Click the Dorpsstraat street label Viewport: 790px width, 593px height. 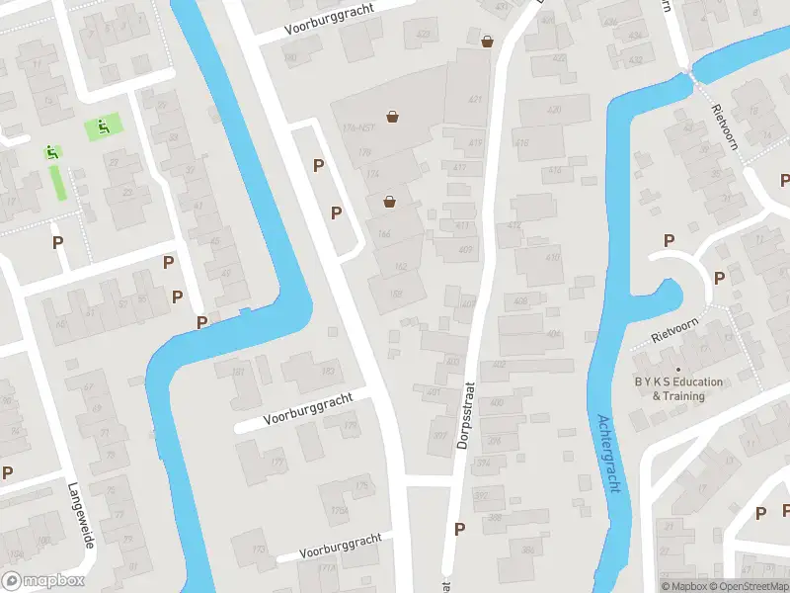pos(467,416)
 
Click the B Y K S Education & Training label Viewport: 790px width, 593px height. pos(678,388)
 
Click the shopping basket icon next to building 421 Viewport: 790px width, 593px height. pos(487,41)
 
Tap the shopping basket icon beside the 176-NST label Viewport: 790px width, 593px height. pos(393,116)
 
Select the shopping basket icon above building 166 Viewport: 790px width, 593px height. pos(390,201)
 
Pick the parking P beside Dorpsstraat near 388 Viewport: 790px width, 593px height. pos(459,529)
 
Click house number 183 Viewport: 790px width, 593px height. pos(327,372)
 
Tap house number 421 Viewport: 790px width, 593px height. pos(475,100)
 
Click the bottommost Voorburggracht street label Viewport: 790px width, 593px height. pos(341,545)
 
